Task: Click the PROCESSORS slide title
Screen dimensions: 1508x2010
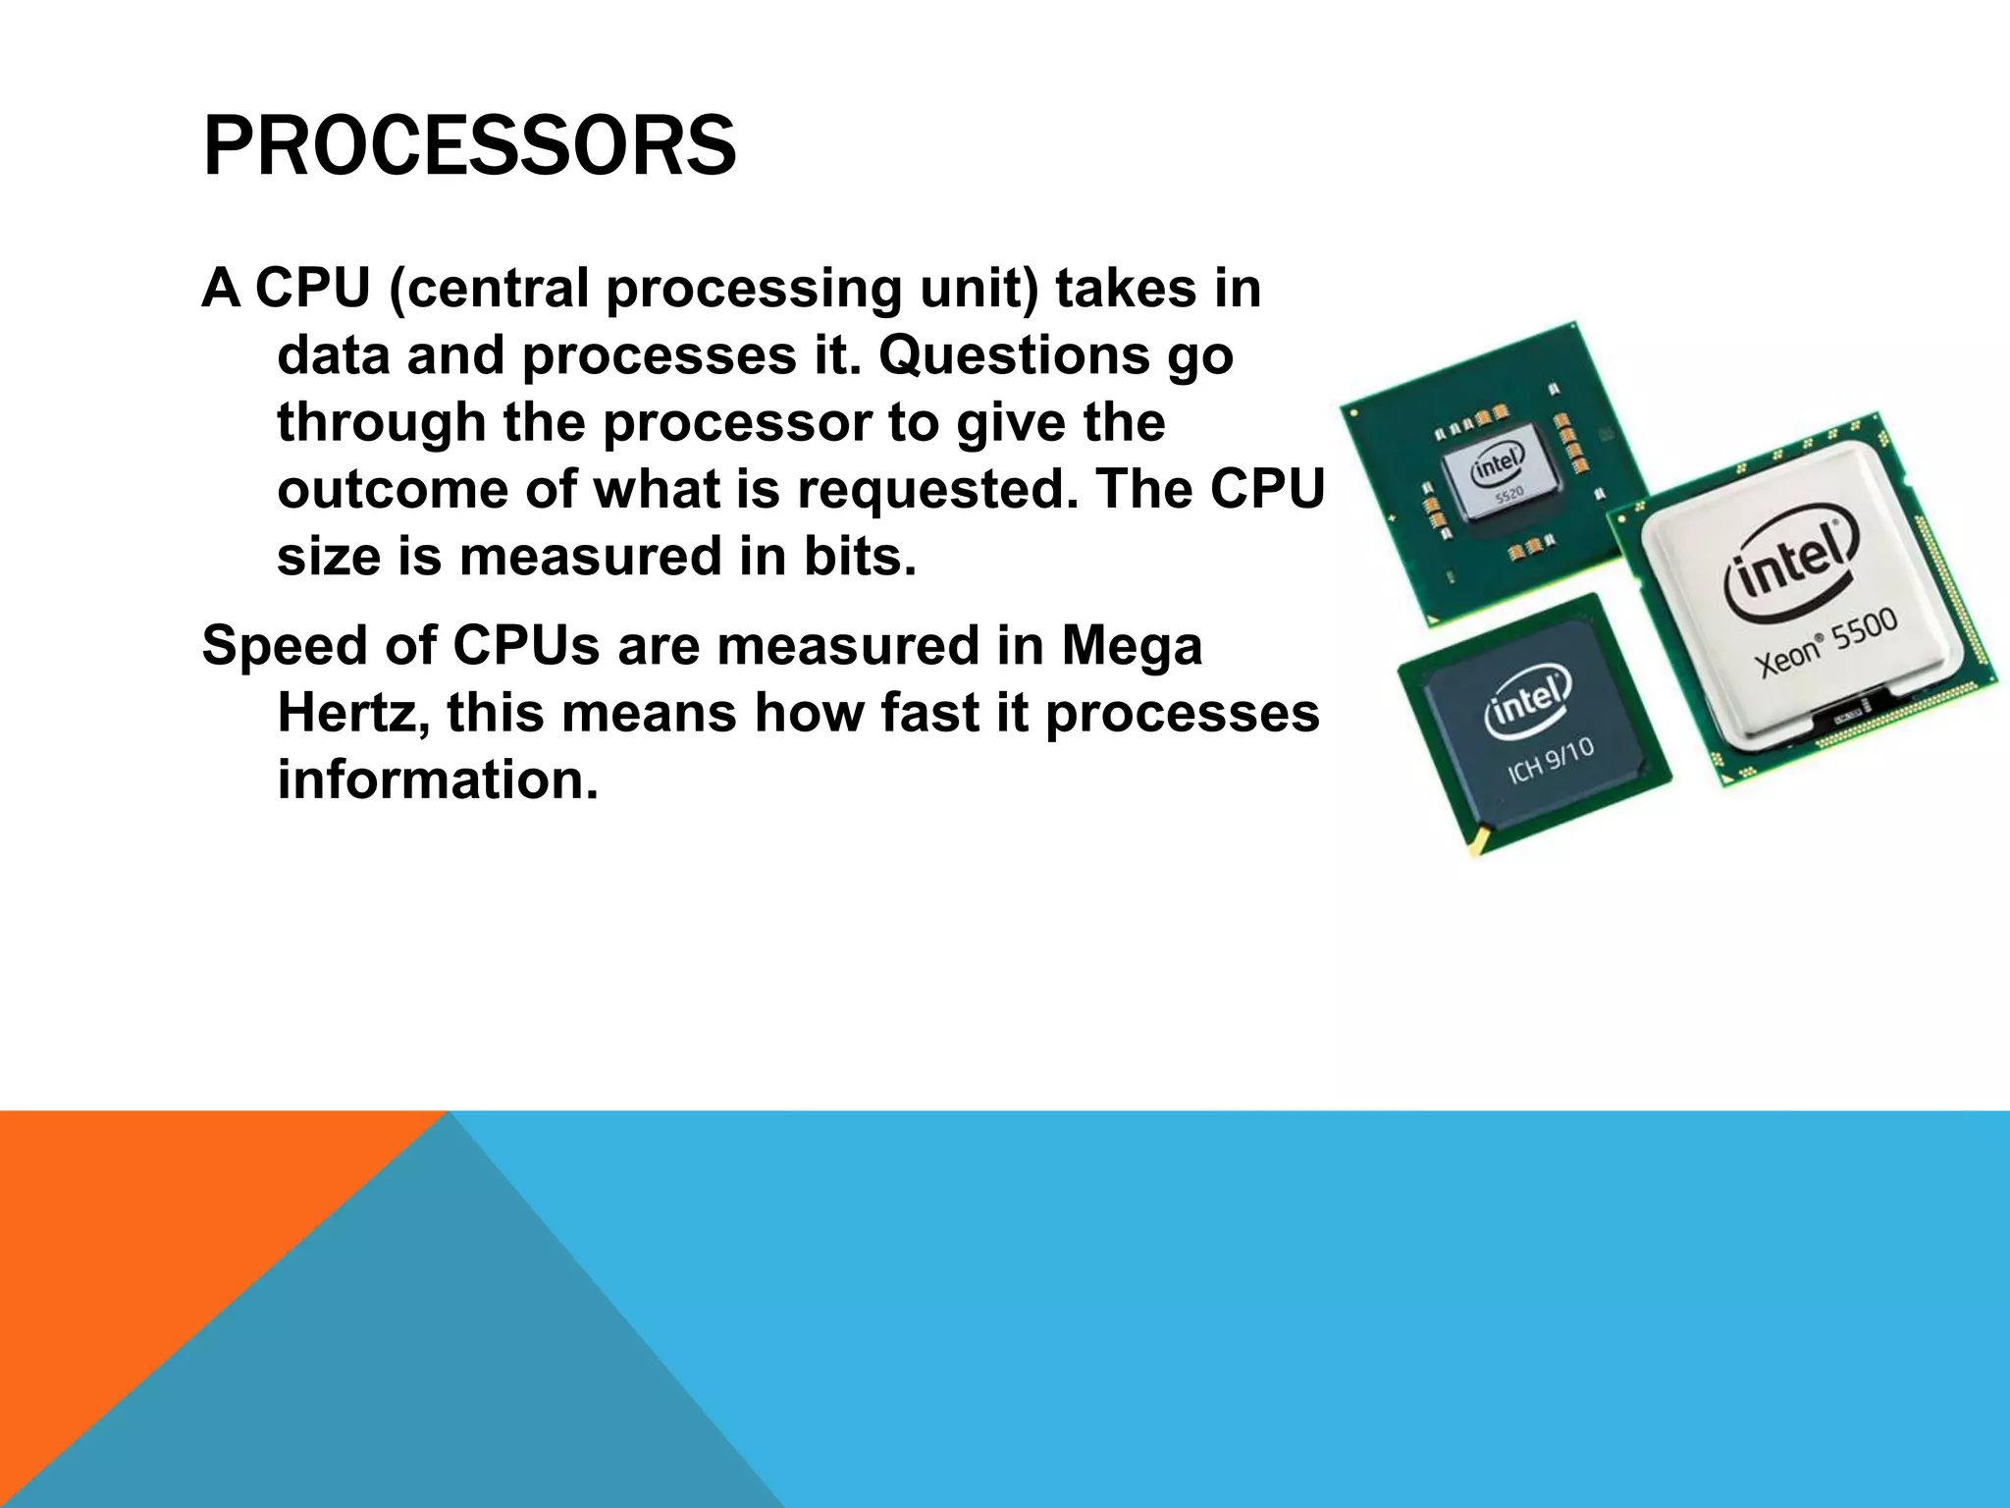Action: click(469, 146)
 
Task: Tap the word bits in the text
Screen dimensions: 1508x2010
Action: click(860, 556)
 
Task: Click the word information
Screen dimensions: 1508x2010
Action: click(438, 780)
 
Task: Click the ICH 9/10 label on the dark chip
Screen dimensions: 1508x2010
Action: click(1551, 761)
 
